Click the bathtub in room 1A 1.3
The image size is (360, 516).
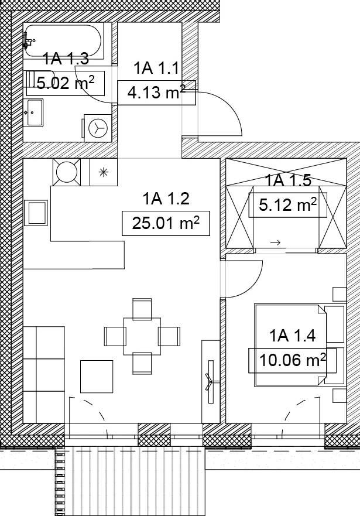coord(63,41)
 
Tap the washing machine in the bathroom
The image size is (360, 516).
coord(98,128)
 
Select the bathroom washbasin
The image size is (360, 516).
coord(35,112)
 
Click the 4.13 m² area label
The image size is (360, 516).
coord(156,93)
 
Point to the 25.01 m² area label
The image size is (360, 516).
coord(166,223)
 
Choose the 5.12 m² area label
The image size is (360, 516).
coord(287,205)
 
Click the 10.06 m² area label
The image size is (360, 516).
coord(292,360)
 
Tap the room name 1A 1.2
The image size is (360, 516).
coord(166,199)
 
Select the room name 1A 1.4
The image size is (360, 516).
coord(292,336)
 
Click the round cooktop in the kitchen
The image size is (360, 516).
coord(67,172)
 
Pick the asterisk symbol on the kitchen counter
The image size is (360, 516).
coord(104,172)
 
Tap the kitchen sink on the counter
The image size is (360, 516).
coord(37,213)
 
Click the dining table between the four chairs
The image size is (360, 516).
coord(142,336)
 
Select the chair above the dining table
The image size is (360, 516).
coord(142,309)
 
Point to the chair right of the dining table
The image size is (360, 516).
coord(169,336)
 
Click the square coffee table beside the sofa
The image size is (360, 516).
coord(97,377)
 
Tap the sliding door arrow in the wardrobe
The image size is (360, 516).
coord(275,243)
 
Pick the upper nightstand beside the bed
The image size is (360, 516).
coord(340,294)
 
